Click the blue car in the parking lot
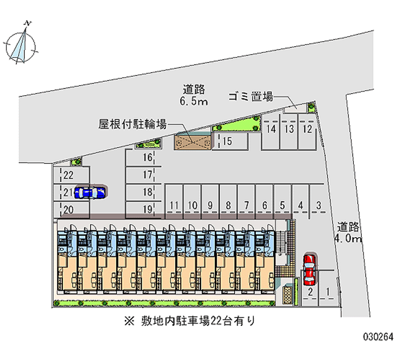[x=90, y=192]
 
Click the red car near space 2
[x=309, y=267]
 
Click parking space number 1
[x=328, y=292]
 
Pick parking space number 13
[x=289, y=130]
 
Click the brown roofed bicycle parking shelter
[x=193, y=142]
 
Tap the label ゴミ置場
[x=250, y=97]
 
